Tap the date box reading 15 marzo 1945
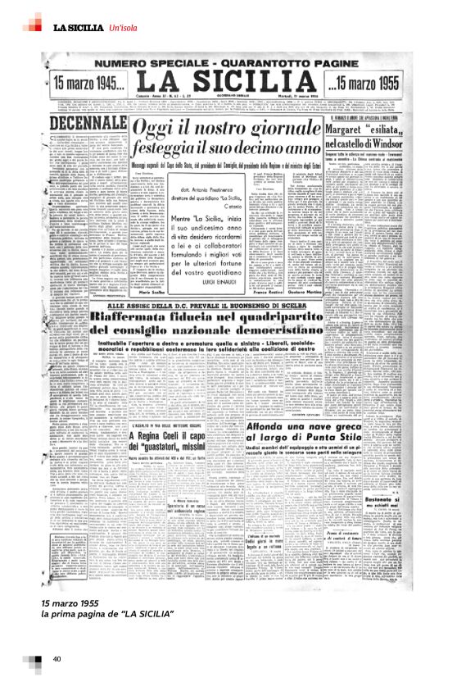(86, 83)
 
